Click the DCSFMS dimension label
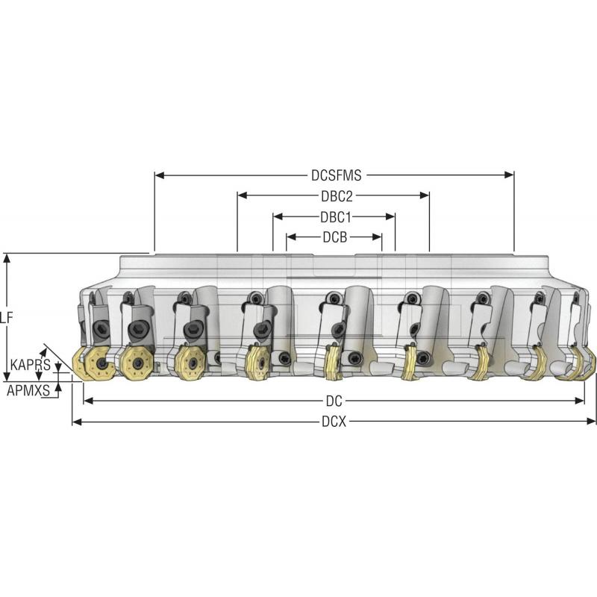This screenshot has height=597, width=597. pyautogui.click(x=336, y=176)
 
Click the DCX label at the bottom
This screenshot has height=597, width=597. pyautogui.click(x=334, y=422)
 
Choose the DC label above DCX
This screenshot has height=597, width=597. pyautogui.click(x=334, y=401)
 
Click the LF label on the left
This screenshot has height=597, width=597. pyautogui.click(x=6, y=316)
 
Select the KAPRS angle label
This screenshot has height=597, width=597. pyautogui.click(x=30, y=365)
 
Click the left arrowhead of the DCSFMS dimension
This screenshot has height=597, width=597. pyautogui.click(x=159, y=176)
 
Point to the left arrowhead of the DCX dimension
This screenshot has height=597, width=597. pyautogui.click(x=76, y=422)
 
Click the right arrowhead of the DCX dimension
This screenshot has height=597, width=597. pyautogui.click(x=593, y=422)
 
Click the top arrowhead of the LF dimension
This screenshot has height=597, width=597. pyautogui.click(x=7, y=258)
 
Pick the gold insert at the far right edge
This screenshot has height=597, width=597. pyautogui.click(x=588, y=366)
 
